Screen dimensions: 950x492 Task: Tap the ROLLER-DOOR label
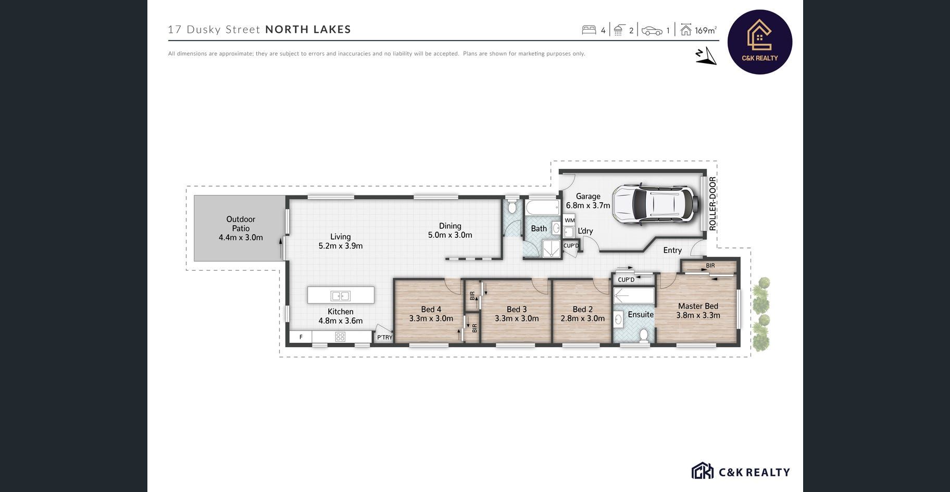point(712,204)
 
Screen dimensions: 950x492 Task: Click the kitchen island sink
point(340,296)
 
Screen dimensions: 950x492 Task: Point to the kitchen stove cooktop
point(340,337)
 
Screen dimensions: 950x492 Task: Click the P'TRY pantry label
point(384,337)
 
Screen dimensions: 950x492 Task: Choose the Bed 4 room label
point(431,310)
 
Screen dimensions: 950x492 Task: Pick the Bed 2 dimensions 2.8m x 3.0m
point(582,318)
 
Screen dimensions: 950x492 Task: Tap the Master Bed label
point(698,306)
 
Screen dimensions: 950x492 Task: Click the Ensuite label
point(641,314)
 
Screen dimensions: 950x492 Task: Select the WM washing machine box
point(569,220)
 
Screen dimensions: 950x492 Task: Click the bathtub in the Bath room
point(542,207)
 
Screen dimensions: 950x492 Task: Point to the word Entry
point(672,250)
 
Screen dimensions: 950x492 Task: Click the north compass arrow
point(706,56)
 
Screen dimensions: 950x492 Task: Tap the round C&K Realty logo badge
point(759,42)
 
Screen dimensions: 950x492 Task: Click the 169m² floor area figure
point(706,30)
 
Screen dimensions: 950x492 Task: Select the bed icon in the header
point(589,30)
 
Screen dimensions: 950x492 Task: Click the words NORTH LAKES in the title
point(308,29)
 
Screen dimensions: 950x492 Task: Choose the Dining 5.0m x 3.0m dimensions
point(450,235)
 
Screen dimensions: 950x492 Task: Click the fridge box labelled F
point(301,337)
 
